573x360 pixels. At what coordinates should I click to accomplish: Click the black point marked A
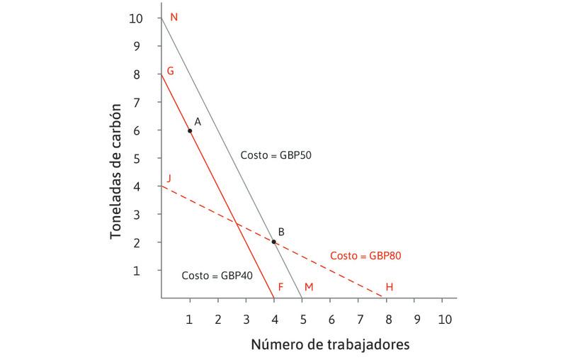tap(190, 130)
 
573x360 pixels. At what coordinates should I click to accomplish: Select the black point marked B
tap(274, 242)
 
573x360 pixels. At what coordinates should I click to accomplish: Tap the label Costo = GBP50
tap(271, 154)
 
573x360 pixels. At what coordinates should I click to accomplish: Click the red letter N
tap(174, 16)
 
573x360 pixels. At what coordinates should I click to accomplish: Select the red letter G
tap(170, 72)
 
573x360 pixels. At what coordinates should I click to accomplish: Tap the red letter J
tap(168, 178)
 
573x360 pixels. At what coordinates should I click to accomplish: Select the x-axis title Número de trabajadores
tap(330, 344)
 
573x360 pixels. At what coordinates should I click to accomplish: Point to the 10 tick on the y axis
tap(135, 18)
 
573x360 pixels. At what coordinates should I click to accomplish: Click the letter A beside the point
tap(198, 121)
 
